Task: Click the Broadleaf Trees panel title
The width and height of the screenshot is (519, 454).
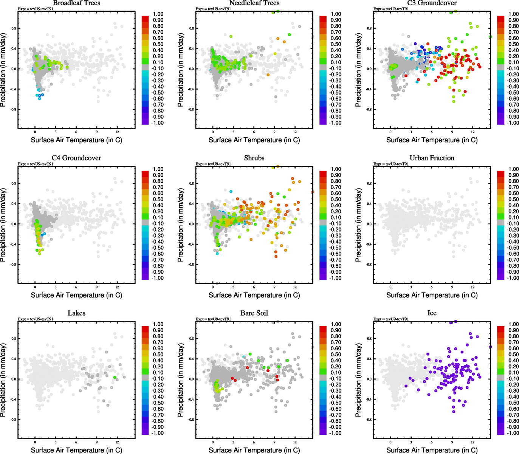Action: click(x=76, y=3)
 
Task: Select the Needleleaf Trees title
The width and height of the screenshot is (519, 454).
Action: click(x=254, y=3)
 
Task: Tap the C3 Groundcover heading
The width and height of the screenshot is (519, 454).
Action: click(x=432, y=3)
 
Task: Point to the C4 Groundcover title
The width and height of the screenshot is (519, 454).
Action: click(x=76, y=158)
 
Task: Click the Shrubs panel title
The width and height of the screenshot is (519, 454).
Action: click(x=254, y=158)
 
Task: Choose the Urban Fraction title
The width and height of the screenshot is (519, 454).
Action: click(x=432, y=158)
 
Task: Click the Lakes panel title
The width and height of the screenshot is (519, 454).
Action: click(x=76, y=313)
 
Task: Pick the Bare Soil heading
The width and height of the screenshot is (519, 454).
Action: click(x=254, y=313)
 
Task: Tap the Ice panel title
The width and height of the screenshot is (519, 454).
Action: click(x=432, y=313)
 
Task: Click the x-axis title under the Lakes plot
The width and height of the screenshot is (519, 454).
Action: click(x=76, y=450)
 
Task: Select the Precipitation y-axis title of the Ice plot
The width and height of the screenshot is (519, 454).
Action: click(x=358, y=380)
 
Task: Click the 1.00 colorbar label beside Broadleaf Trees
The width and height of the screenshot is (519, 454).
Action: click(x=158, y=14)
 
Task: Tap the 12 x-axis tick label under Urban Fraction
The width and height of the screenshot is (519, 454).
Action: click(x=473, y=287)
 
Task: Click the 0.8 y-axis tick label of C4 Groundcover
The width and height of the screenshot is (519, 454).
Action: click(x=14, y=183)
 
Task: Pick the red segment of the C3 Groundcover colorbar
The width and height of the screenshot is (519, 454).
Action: click(x=500, y=19)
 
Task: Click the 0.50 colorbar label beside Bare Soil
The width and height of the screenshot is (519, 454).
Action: click(x=336, y=354)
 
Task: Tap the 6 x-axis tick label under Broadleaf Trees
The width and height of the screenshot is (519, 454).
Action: click(x=76, y=132)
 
